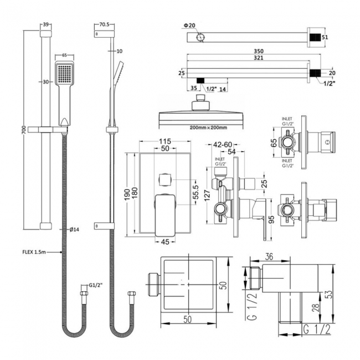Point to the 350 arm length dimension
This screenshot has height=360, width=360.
coord(251,52)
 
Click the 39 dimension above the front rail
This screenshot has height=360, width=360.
coord(46,25)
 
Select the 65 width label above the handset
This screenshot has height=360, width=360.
coord(64,55)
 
